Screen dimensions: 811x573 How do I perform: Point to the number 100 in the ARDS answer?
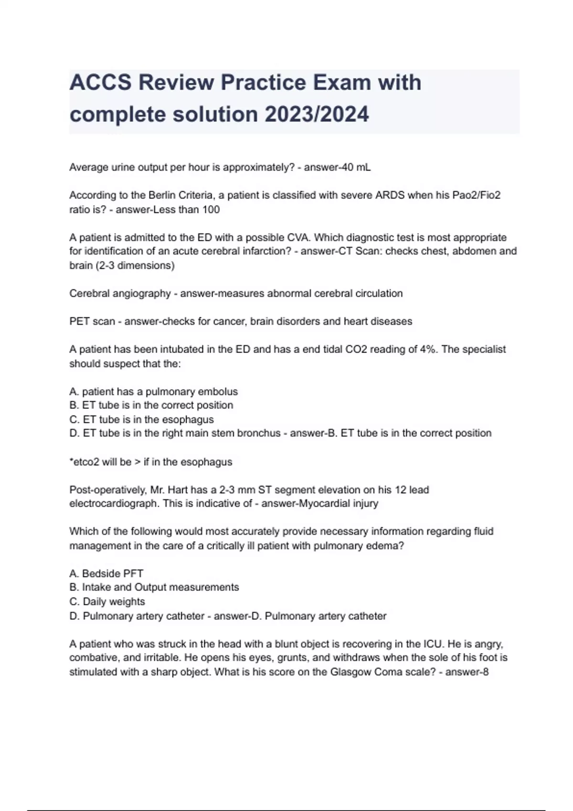[x=211, y=209]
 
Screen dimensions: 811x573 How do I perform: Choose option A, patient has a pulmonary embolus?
[x=154, y=392]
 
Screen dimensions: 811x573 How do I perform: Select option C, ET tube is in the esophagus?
[x=142, y=419]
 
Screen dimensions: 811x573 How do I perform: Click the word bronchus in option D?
[x=259, y=433]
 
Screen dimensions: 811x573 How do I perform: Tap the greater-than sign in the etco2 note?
[x=138, y=462]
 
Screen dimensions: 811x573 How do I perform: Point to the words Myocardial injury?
[x=338, y=503]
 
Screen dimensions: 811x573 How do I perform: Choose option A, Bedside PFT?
[x=106, y=573]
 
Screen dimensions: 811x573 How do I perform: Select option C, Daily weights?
[x=107, y=602]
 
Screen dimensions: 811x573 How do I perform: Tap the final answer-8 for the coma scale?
[x=467, y=672]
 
